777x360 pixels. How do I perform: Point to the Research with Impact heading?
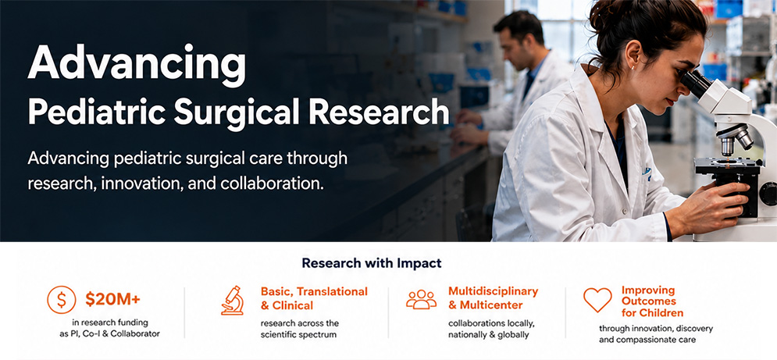(x=372, y=263)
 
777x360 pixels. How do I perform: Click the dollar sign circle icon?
(x=62, y=300)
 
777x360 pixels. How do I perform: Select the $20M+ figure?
(x=112, y=299)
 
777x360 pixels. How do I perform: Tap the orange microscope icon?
(x=233, y=301)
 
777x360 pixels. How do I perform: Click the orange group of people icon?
(x=421, y=300)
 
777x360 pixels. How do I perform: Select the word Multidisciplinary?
(x=493, y=291)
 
